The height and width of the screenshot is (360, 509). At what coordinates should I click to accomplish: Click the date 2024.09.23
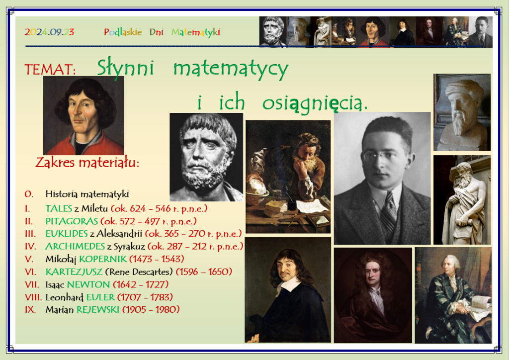[49, 32]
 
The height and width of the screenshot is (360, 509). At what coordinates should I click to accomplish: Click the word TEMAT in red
[50, 70]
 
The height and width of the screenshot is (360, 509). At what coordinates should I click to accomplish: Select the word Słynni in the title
[125, 69]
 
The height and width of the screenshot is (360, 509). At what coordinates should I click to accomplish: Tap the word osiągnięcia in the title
[315, 103]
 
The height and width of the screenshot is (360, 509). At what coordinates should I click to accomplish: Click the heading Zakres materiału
[87, 162]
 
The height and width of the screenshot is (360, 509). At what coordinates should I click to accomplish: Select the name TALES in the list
[59, 208]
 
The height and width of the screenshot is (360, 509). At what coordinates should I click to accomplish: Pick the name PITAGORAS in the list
[72, 221]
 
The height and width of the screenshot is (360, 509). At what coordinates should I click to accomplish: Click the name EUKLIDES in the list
[67, 234]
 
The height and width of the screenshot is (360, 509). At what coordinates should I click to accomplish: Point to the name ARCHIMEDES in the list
[75, 247]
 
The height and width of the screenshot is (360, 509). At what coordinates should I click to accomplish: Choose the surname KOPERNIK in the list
[103, 259]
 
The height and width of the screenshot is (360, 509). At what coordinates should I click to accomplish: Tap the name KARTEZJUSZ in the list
[74, 271]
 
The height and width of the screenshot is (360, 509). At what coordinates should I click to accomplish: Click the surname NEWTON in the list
[88, 284]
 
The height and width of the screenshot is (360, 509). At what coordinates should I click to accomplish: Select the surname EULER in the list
[100, 297]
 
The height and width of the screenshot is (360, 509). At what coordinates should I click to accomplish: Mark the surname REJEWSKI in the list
[98, 310]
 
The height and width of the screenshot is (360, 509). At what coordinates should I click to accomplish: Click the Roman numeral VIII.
[33, 297]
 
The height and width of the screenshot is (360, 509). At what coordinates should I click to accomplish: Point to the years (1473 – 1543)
[157, 259]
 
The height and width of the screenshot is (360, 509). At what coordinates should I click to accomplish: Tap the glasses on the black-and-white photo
[380, 156]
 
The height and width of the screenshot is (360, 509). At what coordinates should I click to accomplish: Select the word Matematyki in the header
[196, 32]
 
